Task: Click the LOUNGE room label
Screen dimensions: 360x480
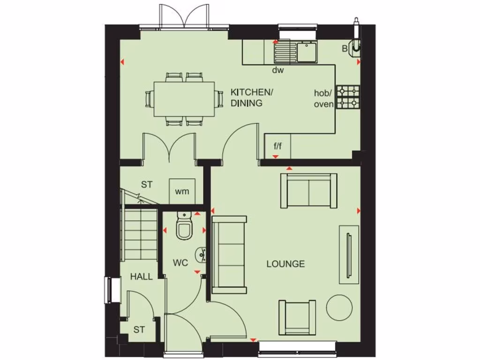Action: [x=285, y=264]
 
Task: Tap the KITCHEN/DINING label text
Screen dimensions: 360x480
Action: [x=251, y=97]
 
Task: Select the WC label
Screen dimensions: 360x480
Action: [x=180, y=263]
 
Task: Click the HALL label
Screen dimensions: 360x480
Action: [x=141, y=277]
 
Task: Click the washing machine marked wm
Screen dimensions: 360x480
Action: [x=182, y=191]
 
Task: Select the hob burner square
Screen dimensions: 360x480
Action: [x=348, y=97]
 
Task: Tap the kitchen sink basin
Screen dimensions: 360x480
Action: [x=306, y=51]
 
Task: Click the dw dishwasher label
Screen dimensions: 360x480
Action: [x=278, y=70]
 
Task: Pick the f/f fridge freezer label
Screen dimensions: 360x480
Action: [x=278, y=146]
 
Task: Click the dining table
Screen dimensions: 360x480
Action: [x=184, y=99]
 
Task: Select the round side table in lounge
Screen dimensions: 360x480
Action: [x=339, y=307]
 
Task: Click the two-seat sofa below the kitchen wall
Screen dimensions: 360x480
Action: [x=308, y=191]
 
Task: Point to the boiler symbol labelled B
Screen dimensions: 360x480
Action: [x=356, y=47]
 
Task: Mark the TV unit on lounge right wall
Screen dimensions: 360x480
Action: [x=349, y=254]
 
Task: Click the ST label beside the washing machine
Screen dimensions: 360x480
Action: [x=147, y=185]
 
